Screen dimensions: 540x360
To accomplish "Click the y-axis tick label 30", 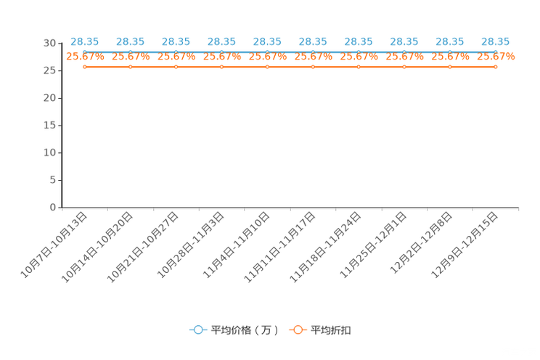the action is (x=49, y=43).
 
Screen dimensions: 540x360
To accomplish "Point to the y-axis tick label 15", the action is (x=49, y=126).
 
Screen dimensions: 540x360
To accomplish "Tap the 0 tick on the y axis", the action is (x=53, y=208).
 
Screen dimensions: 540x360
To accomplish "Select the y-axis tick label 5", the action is (x=53, y=180).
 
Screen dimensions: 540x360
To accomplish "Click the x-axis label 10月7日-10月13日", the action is (x=54, y=245).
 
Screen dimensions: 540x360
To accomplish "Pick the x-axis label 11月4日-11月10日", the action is (x=236, y=245).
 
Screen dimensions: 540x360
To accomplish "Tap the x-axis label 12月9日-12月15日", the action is (x=465, y=245).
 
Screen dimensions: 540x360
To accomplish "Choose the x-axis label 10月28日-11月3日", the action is (x=190, y=245).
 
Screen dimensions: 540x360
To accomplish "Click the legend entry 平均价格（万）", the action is (x=245, y=330).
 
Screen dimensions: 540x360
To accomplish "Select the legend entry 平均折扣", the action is (x=331, y=330).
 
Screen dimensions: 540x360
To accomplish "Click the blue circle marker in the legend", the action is (x=198, y=330).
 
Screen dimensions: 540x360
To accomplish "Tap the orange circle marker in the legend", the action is (x=298, y=330).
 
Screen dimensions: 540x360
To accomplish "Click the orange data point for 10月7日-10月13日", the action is (x=85, y=67).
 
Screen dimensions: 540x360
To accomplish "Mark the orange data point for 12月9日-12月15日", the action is (x=496, y=67).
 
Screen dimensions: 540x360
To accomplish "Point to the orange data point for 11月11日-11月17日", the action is (x=313, y=67).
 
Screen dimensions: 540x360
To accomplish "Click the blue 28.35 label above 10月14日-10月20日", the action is (x=130, y=41).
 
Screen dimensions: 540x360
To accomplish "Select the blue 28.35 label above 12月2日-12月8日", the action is (x=450, y=41).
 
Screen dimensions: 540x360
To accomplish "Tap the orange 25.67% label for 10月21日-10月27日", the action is (x=176, y=56).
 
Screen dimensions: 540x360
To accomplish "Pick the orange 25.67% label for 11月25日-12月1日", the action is (x=405, y=56).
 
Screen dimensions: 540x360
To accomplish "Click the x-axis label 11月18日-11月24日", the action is (x=327, y=245).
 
